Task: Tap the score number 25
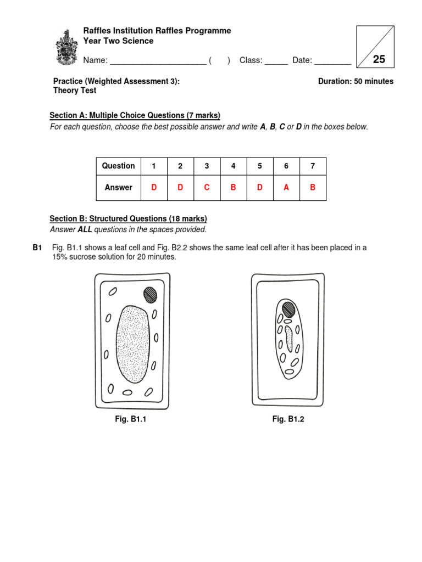click(379, 60)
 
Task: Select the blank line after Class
click(276, 61)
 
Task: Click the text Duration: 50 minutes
click(356, 81)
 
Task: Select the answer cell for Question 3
click(207, 188)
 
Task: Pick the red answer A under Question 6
click(286, 188)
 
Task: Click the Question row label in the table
click(118, 166)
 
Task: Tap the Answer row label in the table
click(118, 188)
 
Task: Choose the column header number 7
click(313, 166)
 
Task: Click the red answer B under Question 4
click(233, 188)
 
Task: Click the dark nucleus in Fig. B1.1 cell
click(150, 295)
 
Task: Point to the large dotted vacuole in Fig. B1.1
click(132, 344)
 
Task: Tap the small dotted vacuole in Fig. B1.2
click(288, 339)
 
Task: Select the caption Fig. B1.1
click(130, 419)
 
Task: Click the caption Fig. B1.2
click(288, 419)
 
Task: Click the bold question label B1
click(37, 248)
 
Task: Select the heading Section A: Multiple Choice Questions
click(135, 115)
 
